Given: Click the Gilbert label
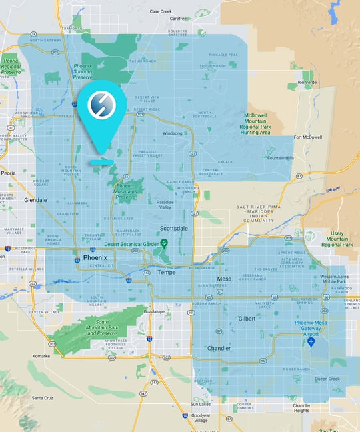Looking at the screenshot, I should (247, 319).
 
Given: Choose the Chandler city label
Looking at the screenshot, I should (219, 348).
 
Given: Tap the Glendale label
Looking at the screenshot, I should (35, 200).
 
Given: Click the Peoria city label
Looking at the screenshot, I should (8, 173).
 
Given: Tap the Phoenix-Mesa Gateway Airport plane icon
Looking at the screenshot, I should (311, 342).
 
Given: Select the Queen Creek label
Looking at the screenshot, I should (327, 379).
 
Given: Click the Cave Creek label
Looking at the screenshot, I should (160, 11).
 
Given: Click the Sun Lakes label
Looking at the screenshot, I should (200, 404).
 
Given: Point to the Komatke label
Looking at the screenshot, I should (41, 357).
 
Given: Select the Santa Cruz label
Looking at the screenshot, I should (43, 398).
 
